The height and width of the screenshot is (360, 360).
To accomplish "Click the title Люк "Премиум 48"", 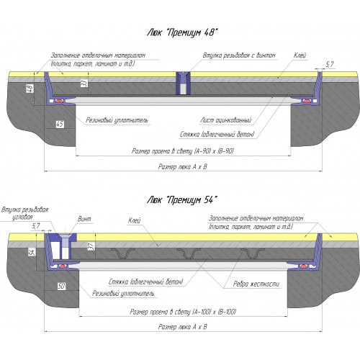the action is coord(182,33).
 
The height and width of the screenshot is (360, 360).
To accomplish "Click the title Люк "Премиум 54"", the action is coord(182,200).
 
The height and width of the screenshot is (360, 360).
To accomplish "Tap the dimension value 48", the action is coord(30,89).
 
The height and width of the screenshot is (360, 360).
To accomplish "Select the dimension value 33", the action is coord(84,84).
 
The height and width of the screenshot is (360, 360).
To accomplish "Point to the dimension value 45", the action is coord(60,125).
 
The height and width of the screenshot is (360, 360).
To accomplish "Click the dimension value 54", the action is coord(32,251).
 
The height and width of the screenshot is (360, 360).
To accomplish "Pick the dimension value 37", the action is coord(91,246).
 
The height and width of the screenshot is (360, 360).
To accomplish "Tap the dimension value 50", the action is coord(61,286).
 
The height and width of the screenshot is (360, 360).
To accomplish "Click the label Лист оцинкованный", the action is coord(226,120).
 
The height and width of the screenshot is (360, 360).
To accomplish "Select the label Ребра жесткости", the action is coord(256,284).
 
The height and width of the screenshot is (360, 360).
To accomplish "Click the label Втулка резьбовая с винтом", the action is coord(239,55).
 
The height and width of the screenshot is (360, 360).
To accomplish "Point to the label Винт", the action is coord(84,219).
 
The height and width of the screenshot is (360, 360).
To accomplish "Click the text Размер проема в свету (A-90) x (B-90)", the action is coord(183,151).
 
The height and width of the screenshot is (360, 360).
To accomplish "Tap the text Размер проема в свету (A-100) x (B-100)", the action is coord(183,312).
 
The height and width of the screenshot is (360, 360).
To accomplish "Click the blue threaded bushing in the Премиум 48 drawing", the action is coord(184,83).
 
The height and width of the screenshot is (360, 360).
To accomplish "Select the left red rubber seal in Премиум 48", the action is coord(59,101).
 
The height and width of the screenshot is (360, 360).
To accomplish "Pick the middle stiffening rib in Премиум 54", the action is coord(189,253).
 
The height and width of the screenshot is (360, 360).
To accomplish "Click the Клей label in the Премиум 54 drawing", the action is coord(134,220).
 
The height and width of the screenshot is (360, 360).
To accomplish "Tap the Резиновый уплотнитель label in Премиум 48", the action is coord(117,120).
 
